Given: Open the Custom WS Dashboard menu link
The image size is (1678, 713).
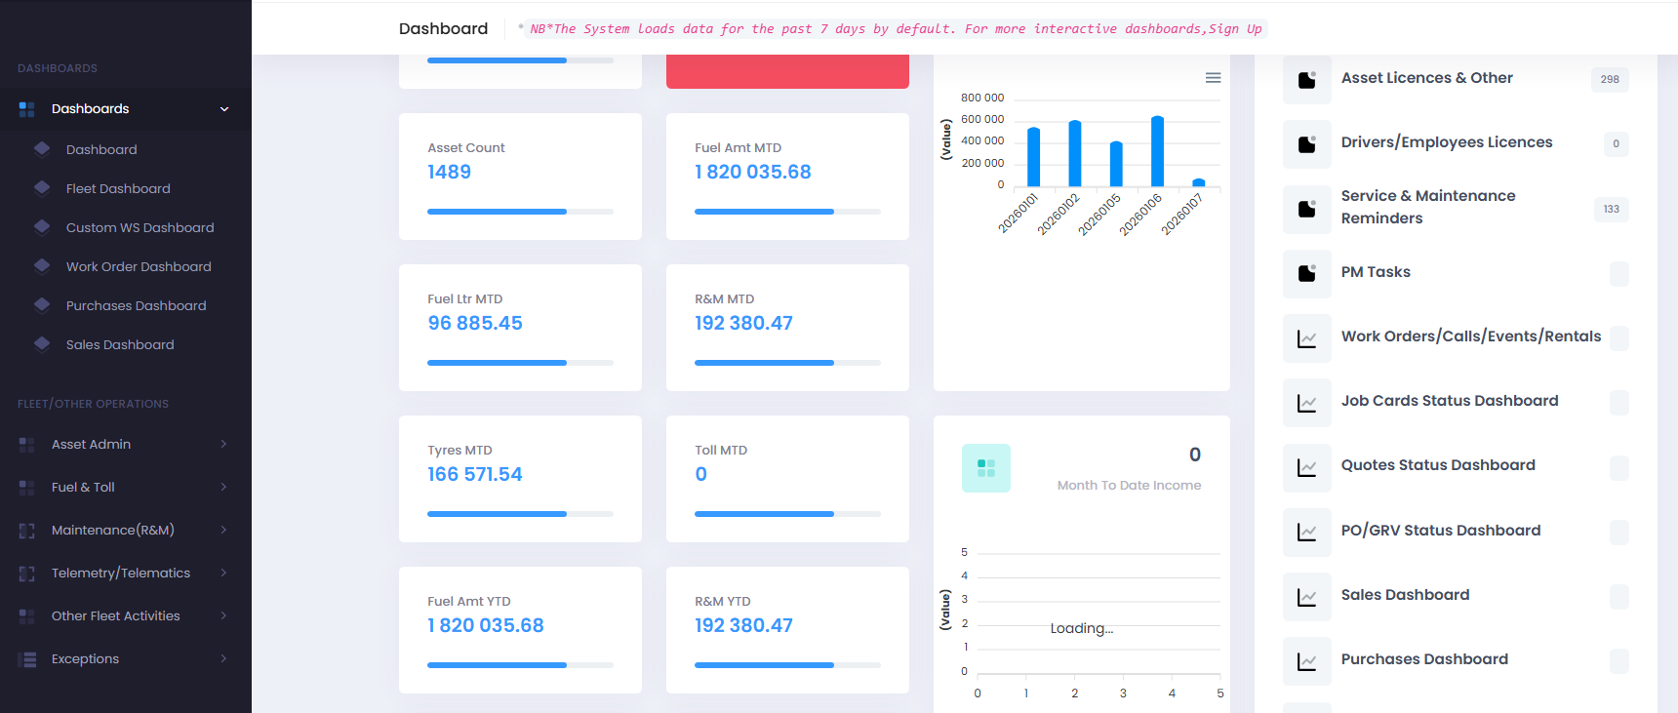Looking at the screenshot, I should pyautogui.click(x=140, y=227).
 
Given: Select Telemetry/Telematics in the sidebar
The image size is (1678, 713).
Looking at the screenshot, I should pyautogui.click(x=120, y=573).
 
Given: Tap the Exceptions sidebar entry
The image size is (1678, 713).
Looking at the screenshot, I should pyautogui.click(x=85, y=658).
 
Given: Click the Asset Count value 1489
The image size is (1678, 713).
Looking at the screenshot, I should pyautogui.click(x=449, y=172).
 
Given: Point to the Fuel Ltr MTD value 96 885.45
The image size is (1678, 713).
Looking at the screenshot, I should pyautogui.click(x=475, y=323).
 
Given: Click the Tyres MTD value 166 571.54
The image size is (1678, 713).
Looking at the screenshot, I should pyautogui.click(x=475, y=474).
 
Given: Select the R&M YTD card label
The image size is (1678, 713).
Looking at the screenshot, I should pyautogui.click(x=722, y=601).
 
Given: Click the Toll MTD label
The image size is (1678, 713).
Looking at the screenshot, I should pyautogui.click(x=721, y=450).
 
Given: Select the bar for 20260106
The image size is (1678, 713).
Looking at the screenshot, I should pyautogui.click(x=1157, y=151).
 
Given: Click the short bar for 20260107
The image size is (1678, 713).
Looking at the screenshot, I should pyautogui.click(x=1198, y=182).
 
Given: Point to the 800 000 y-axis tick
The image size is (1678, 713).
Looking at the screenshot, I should pyautogui.click(x=981, y=98).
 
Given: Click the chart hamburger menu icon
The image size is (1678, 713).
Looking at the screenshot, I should pyautogui.click(x=1213, y=78).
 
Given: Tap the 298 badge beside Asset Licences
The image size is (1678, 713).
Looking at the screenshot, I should pyautogui.click(x=1610, y=79).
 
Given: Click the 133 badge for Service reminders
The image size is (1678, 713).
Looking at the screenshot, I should pyautogui.click(x=1611, y=209).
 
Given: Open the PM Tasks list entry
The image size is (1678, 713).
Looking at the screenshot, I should pyautogui.click(x=1376, y=272).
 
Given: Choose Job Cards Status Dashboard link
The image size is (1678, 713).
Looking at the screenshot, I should pyautogui.click(x=1449, y=401).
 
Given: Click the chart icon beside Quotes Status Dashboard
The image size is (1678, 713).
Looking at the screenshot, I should pyautogui.click(x=1306, y=467).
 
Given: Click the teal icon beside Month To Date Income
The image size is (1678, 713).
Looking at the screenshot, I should pyautogui.click(x=985, y=468).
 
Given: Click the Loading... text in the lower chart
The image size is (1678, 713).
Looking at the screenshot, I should pyautogui.click(x=1081, y=628).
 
